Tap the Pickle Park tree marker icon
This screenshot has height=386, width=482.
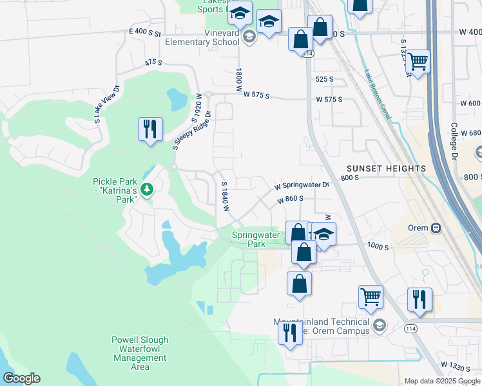click(148, 189)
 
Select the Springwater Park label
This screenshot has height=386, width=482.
click(257, 239)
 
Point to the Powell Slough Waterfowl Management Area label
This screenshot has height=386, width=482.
click(140, 353)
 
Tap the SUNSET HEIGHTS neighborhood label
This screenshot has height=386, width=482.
click(385, 169)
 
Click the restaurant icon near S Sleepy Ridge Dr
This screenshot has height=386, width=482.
click(149, 129)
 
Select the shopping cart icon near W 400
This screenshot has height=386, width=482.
click(418, 62)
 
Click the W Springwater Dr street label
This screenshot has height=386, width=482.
click(302, 185)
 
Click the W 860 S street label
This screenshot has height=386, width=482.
click(290, 199)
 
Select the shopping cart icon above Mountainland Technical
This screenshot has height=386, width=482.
click(371, 297)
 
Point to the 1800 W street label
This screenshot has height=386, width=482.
click(238, 80)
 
